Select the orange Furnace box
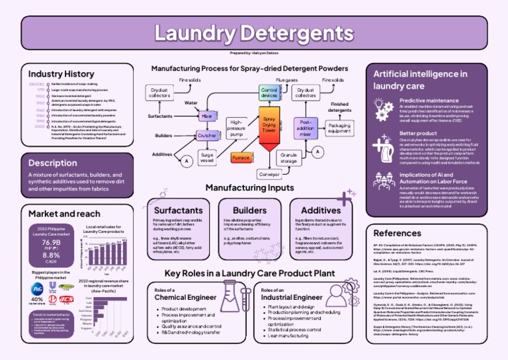240,158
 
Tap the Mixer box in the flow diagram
206,116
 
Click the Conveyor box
269,175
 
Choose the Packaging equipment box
339,127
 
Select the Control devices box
269,93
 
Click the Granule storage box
288,158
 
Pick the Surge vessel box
206,158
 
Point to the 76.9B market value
51,243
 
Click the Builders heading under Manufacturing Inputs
244,210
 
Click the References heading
398,233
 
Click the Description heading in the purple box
53,163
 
